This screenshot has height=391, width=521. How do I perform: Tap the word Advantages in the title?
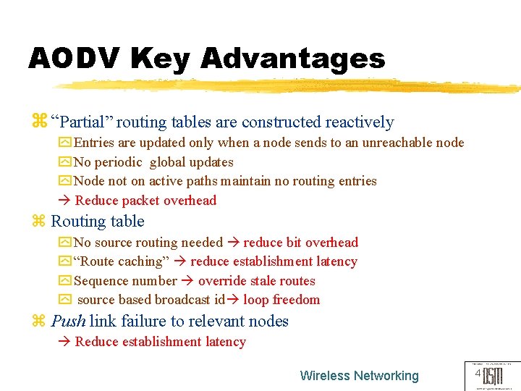(x=293, y=58)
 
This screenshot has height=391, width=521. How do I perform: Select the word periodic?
(x=117, y=162)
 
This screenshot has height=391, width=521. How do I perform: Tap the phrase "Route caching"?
(x=121, y=261)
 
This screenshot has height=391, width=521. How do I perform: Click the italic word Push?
(x=69, y=321)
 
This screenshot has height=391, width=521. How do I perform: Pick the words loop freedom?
(x=281, y=300)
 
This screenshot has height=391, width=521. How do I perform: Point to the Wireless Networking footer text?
(x=359, y=376)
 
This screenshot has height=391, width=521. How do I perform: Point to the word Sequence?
(x=99, y=281)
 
